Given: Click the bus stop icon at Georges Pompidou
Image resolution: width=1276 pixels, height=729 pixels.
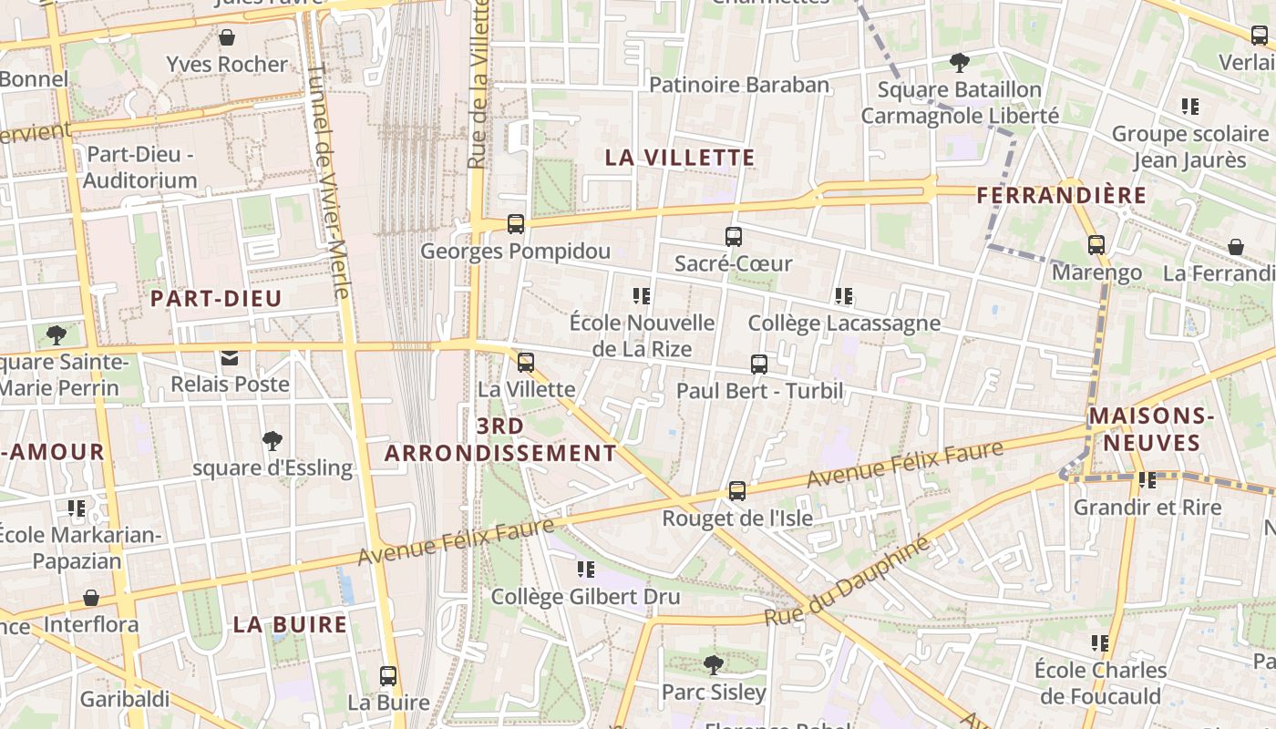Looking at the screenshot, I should click(516, 223).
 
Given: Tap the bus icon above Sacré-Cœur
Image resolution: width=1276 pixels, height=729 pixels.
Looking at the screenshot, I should click(734, 237).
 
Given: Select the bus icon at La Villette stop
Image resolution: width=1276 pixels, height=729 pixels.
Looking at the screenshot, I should click(526, 362).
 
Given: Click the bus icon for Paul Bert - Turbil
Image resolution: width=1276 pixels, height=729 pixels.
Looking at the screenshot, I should click(759, 364).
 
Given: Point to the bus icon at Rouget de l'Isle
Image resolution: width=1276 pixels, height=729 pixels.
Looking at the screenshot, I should click(737, 491).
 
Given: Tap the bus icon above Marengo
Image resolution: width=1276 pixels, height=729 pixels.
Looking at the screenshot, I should click(1096, 245).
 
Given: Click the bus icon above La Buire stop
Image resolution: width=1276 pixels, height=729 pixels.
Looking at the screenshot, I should click(388, 676).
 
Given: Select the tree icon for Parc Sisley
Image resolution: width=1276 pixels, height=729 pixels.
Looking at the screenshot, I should click(714, 665).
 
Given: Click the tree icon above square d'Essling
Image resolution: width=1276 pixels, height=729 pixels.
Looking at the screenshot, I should click(272, 442).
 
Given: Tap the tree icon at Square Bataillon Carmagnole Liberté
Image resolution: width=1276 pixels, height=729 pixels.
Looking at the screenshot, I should click(959, 63).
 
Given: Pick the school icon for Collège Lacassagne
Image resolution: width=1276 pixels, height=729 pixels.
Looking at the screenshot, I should click(844, 296).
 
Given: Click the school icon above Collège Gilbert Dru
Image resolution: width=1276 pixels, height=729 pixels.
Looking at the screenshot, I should click(585, 570).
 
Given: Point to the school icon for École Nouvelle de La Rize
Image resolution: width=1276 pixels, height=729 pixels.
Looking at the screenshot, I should click(642, 296).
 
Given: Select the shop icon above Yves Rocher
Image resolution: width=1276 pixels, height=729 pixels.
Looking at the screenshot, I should click(226, 37).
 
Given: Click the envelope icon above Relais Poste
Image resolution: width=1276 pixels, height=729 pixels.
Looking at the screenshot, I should click(230, 358).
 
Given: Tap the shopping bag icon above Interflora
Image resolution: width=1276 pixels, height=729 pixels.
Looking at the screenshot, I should click(91, 598).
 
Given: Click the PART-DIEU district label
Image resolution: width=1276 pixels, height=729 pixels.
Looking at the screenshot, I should click(216, 299).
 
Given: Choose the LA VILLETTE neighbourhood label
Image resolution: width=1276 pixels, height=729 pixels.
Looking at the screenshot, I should click(680, 158).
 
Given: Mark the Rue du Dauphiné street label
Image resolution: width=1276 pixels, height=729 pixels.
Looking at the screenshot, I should click(847, 580).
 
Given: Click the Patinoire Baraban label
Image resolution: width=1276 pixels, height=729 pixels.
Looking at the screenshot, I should click(739, 85).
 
